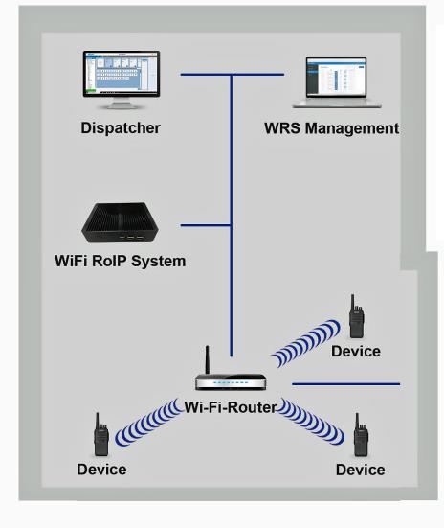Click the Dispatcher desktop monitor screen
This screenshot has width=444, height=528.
(x=122, y=73)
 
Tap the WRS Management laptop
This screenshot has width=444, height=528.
(x=337, y=82)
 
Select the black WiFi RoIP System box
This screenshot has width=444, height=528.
(x=120, y=222)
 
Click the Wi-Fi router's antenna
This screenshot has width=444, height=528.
(x=208, y=359)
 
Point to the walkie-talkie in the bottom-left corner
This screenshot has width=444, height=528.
(x=100, y=434)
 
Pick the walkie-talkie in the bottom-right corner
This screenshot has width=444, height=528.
(x=361, y=435)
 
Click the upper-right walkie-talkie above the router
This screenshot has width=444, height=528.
(x=356, y=316)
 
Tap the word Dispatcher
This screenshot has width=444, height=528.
(x=121, y=128)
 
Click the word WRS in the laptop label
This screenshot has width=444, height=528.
(x=282, y=128)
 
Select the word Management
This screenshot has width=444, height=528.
(x=352, y=128)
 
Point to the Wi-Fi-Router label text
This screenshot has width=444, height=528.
(x=231, y=407)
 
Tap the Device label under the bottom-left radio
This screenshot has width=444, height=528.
(x=101, y=470)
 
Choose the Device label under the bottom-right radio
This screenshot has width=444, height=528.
(x=360, y=470)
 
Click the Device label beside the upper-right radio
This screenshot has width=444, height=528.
(x=356, y=352)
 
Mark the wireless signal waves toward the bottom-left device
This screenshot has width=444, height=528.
(x=148, y=422)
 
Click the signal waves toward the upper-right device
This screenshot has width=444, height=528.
(x=305, y=343)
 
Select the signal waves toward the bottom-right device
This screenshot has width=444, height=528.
(x=311, y=421)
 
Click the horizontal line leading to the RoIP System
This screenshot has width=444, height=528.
(x=206, y=225)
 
